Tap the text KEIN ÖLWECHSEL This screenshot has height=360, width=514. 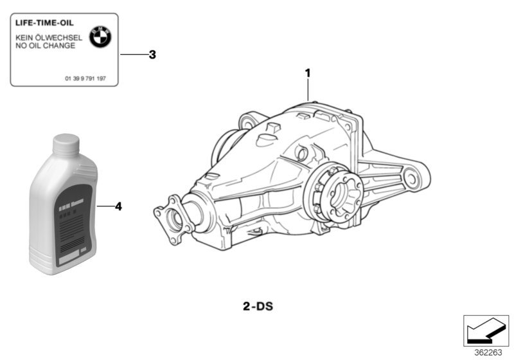tap(49, 38)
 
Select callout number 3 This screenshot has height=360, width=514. tap(152, 55)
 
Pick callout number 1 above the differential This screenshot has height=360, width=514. tap(308, 73)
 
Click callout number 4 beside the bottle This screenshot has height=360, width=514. tap(118, 206)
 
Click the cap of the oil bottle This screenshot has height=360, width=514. tap(65, 144)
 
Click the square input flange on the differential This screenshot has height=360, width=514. tap(173, 219)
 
